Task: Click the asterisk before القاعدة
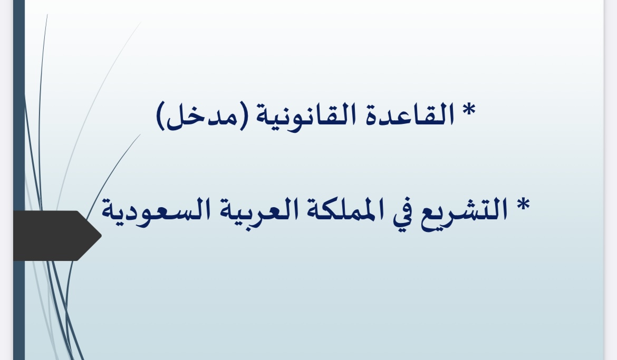469,110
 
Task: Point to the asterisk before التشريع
523,205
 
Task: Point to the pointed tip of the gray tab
101,236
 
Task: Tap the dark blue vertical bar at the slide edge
19,180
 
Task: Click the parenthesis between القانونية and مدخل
244,115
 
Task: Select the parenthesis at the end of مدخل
161,115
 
